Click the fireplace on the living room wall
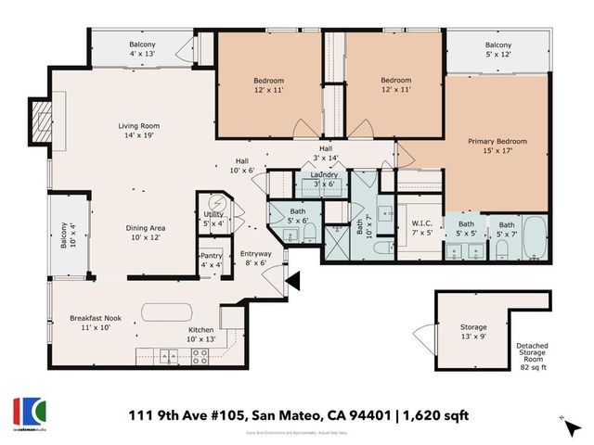(x=40, y=121)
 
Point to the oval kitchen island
(x=167, y=310)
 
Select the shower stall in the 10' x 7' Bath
(x=333, y=242)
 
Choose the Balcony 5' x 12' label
(x=497, y=50)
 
